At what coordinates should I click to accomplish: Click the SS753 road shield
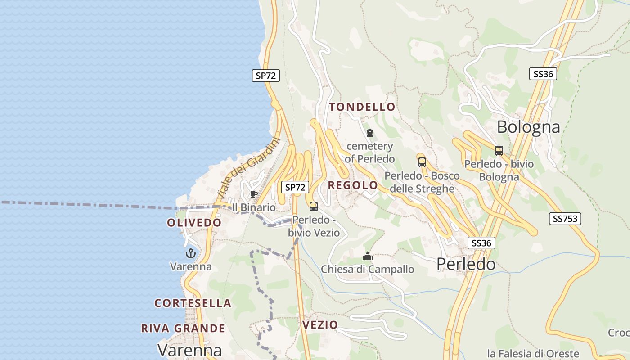(565, 219)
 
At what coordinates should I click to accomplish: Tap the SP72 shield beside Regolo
(295, 187)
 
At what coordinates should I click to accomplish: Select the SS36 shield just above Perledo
(481, 243)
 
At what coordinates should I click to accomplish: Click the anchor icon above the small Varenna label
(191, 253)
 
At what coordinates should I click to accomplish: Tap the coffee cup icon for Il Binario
(254, 194)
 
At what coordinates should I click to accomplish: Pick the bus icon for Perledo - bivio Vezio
(314, 207)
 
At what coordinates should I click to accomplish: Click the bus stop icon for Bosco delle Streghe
(422, 162)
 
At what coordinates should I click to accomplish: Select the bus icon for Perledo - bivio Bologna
(499, 150)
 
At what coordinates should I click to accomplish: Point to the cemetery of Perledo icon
(370, 133)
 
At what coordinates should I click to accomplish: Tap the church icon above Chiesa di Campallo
(368, 256)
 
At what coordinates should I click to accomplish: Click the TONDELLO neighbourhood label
(362, 107)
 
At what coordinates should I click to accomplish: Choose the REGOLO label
(353, 185)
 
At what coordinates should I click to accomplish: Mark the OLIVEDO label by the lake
(194, 223)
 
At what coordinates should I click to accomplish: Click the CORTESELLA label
(193, 303)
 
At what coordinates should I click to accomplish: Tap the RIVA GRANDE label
(183, 328)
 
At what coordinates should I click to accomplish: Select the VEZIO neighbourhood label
(320, 325)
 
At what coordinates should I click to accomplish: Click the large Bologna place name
(528, 127)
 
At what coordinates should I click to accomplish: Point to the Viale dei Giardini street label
(248, 169)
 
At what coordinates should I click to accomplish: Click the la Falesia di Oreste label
(533, 353)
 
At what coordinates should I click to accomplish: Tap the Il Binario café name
(253, 207)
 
